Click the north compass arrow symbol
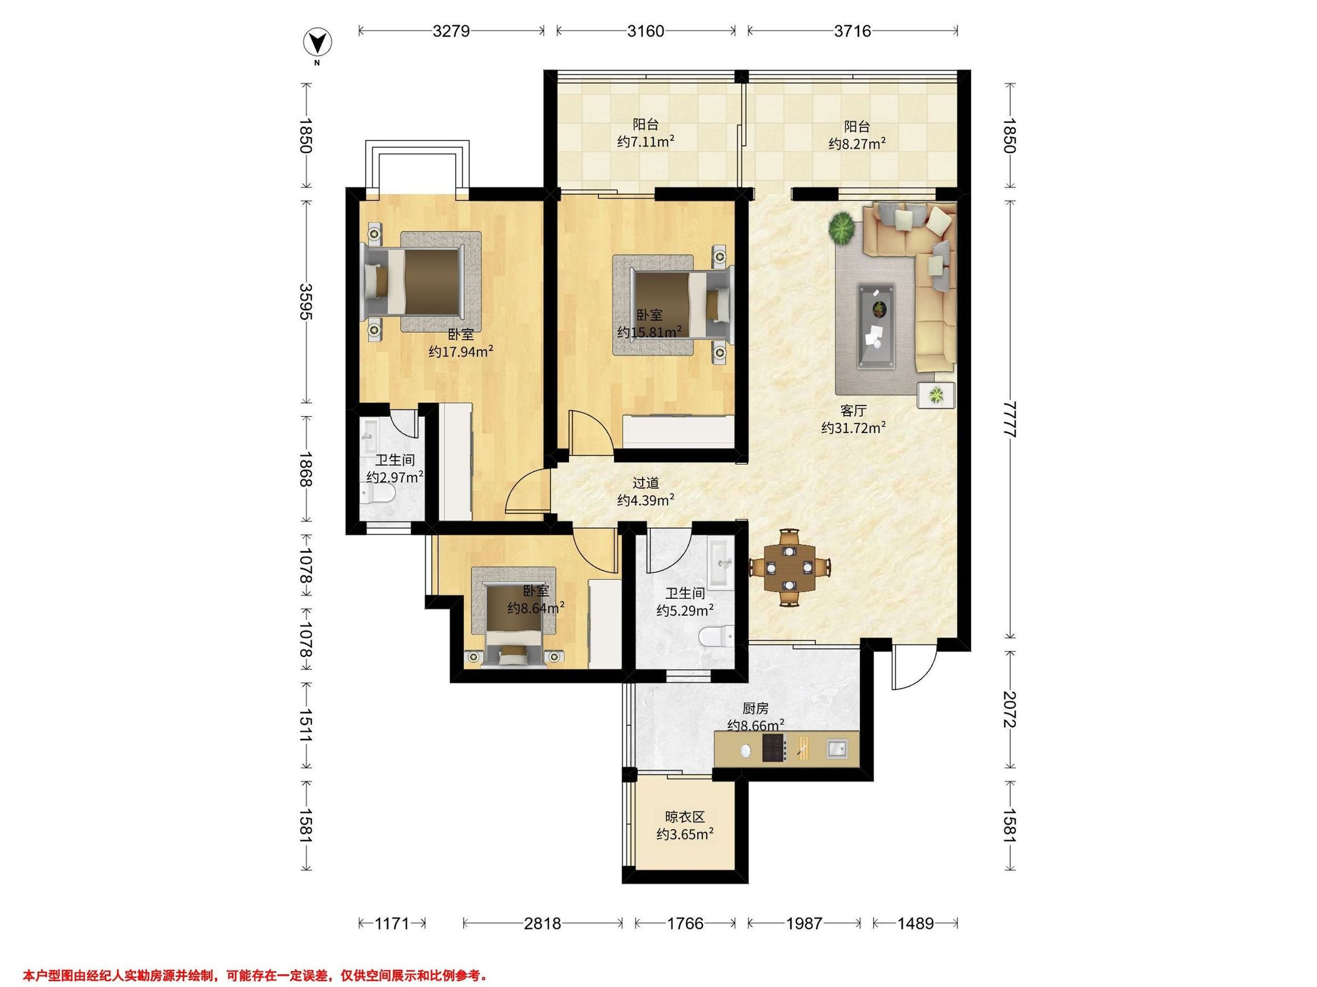click(317, 43)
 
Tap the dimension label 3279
click(451, 31)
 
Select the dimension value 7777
click(1009, 419)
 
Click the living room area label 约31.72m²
click(854, 428)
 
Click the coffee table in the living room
click(876, 325)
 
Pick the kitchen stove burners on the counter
click(775, 748)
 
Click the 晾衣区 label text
click(685, 818)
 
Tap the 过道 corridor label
click(645, 484)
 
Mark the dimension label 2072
click(1009, 709)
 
